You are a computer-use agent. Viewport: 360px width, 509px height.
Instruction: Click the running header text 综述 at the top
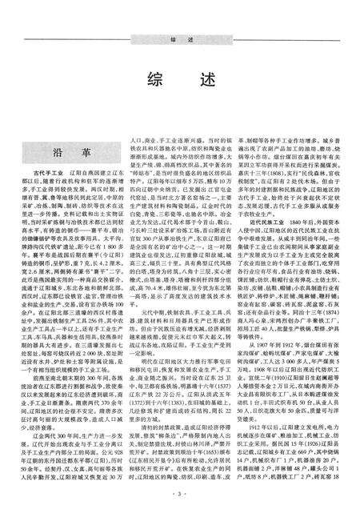coord(180,38)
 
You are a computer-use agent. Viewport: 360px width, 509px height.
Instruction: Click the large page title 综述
coord(179,82)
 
